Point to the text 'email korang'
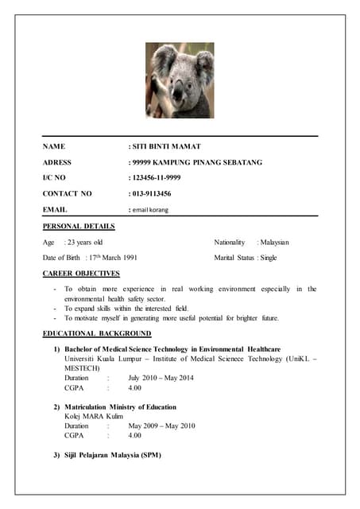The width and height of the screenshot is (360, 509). click(x=150, y=209)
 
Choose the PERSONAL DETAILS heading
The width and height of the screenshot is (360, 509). click(x=79, y=227)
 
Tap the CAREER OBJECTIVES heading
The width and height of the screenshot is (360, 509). click(x=80, y=274)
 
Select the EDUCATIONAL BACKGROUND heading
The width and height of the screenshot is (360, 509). click(x=97, y=333)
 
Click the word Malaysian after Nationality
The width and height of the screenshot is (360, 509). click(x=273, y=242)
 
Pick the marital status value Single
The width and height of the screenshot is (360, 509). click(x=269, y=258)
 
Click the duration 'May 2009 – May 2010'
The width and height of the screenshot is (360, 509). click(x=161, y=425)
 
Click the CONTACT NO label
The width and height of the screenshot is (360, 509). click(x=67, y=193)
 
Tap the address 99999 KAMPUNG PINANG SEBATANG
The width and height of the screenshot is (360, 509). click(x=197, y=162)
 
